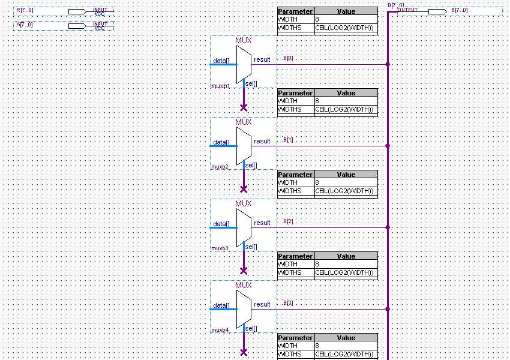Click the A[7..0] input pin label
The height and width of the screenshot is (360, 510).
(25, 25)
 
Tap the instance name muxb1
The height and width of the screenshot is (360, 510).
(220, 86)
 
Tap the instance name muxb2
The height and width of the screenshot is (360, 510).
(220, 166)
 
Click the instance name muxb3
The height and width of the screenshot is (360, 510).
(220, 248)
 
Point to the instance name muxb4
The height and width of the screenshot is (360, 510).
(220, 329)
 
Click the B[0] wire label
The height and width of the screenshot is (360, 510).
(288, 59)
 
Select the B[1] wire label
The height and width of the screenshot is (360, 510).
(288, 140)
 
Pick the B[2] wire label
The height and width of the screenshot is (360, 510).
(288, 221)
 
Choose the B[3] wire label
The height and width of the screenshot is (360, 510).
(288, 303)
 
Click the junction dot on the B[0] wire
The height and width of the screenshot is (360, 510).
(388, 64)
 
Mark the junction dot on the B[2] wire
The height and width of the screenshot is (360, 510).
(388, 227)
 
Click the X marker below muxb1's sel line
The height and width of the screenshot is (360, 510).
(244, 108)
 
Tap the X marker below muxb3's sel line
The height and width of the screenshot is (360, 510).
(244, 271)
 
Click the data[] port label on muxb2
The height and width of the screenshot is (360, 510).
(221, 142)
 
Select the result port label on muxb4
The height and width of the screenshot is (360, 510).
(262, 304)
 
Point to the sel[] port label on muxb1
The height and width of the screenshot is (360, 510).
(251, 83)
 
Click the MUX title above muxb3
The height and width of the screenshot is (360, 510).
(244, 203)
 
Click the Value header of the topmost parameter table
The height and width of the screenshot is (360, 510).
(346, 11)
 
